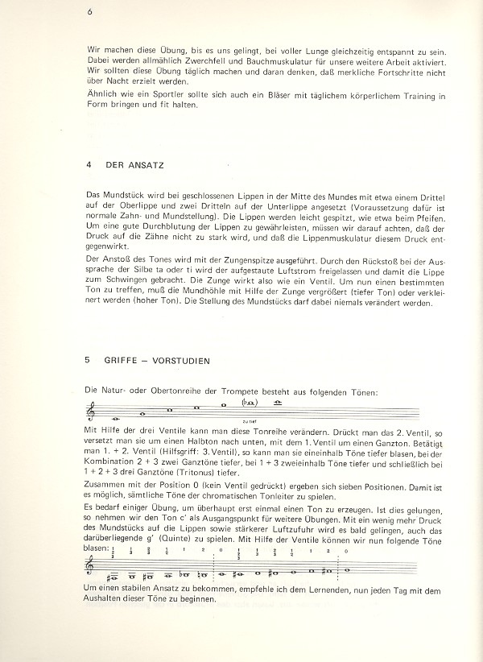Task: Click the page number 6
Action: (x=91, y=11)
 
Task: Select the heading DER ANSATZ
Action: (x=134, y=164)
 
